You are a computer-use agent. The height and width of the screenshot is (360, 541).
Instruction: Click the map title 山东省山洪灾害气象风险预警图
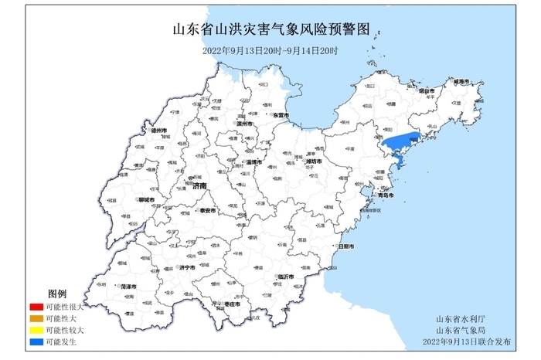270,31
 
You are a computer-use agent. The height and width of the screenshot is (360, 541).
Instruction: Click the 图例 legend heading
58,295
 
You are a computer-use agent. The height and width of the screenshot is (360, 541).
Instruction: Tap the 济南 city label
199,185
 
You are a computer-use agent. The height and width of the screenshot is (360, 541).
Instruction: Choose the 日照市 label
345,246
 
